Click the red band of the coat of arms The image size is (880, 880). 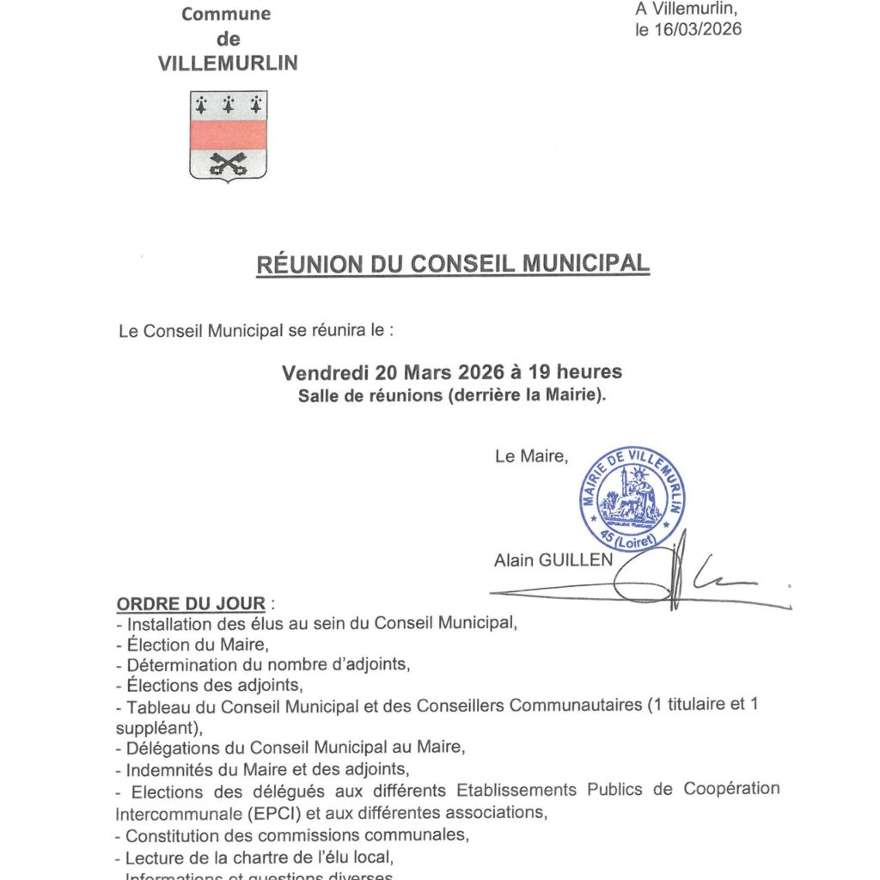(x=228, y=135)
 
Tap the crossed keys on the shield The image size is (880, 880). (x=228, y=162)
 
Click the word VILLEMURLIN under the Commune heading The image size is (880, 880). (x=229, y=64)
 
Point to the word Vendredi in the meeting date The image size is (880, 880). (x=326, y=373)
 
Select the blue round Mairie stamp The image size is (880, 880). (x=632, y=499)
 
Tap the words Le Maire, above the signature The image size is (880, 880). (x=531, y=457)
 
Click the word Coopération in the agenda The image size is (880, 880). (x=730, y=790)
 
